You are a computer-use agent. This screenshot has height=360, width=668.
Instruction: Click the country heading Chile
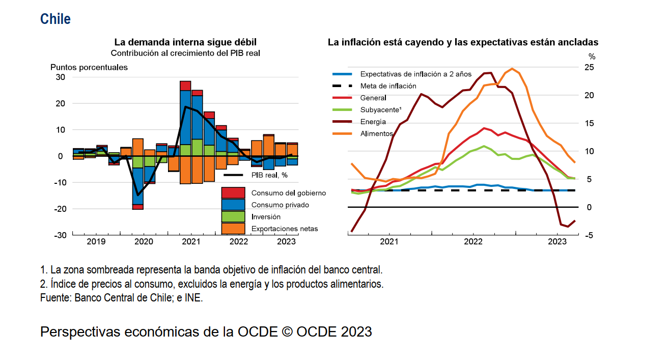[x=55, y=19]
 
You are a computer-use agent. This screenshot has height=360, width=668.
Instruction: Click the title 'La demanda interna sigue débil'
[x=185, y=42]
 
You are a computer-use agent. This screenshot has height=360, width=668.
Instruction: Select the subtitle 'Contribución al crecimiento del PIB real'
[x=186, y=52]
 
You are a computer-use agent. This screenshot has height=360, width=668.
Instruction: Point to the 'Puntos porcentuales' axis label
[x=89, y=67]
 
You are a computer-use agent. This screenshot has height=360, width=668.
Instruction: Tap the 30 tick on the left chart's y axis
[x=61, y=77]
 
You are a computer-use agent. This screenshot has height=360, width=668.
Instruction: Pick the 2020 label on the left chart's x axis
[x=144, y=241]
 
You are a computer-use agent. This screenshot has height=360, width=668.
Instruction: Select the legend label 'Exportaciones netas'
[x=284, y=229]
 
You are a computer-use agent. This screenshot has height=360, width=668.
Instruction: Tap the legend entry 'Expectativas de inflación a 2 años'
[x=415, y=74]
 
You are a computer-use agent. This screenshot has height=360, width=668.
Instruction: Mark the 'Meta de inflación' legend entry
[x=388, y=86]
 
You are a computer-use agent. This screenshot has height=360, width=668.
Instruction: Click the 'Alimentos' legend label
[x=376, y=133]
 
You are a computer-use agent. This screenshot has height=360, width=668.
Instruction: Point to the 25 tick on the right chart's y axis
[x=589, y=68]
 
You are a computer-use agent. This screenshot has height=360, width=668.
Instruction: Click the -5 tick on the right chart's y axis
[x=589, y=235]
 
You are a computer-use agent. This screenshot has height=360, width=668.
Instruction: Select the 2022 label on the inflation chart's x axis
[x=473, y=241]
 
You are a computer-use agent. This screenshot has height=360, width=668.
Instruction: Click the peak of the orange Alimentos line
[x=512, y=69]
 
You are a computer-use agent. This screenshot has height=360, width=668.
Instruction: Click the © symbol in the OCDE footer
[x=286, y=332]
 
